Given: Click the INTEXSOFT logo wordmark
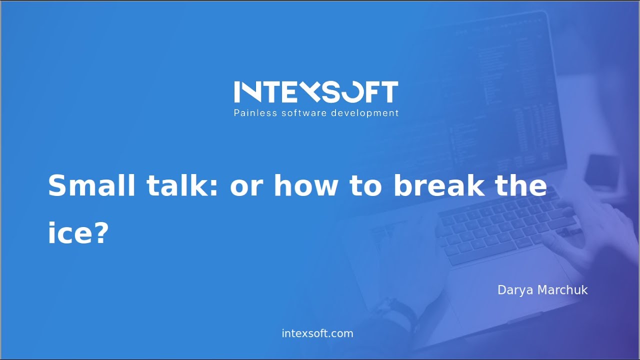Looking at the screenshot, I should coord(316,92).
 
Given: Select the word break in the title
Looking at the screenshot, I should coord(439,186).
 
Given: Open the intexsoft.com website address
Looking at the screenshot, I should coord(317,333).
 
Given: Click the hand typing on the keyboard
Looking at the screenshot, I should coord(590,235).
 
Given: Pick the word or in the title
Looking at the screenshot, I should coord(246,186).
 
